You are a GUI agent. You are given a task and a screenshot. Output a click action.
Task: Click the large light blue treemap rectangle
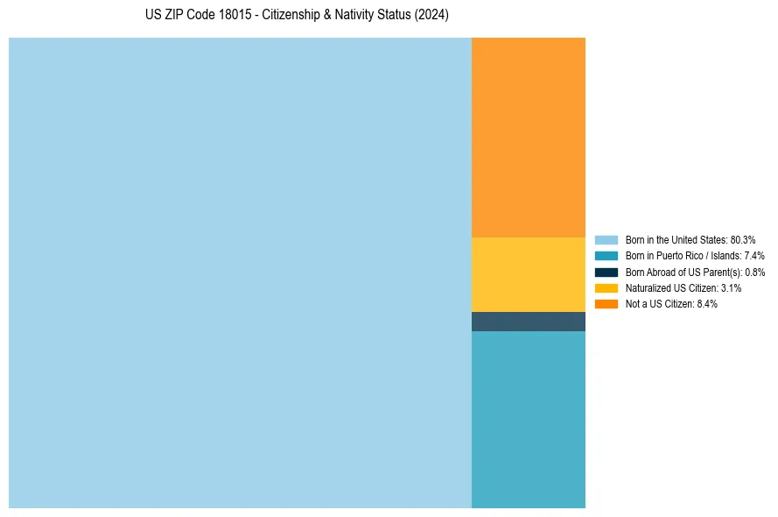coord(240,273)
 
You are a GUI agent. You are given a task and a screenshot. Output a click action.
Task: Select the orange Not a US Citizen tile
coord(528,137)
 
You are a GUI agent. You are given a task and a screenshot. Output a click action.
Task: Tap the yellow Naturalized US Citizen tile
coord(528,274)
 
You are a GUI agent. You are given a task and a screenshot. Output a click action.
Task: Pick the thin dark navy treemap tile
coord(528,322)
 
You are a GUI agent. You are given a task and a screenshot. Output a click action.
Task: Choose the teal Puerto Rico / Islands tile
coord(528,419)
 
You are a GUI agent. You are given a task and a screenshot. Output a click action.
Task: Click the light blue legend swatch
coord(606,240)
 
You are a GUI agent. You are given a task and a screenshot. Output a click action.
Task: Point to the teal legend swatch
coord(606,256)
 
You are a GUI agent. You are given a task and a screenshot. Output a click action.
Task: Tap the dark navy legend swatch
coord(606,272)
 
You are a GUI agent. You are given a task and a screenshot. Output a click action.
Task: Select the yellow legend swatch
coord(606,287)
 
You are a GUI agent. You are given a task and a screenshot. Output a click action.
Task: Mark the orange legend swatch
coord(606,303)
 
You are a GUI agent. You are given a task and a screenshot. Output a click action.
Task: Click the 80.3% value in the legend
coord(742,240)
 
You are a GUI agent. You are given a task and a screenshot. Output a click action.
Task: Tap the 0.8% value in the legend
coord(755,272)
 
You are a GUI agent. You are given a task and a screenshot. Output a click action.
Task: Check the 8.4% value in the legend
coord(706,303)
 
